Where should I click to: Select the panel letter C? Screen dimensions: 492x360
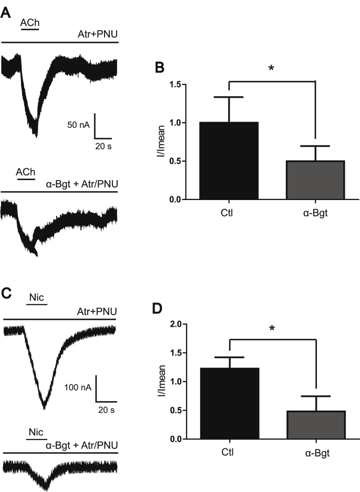(x=7, y=294)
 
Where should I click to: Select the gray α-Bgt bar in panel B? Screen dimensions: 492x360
(x=315, y=180)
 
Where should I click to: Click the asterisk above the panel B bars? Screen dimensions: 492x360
(x=271, y=69)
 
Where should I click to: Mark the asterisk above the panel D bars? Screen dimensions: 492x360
(x=271, y=329)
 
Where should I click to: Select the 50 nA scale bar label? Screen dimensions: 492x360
(x=79, y=124)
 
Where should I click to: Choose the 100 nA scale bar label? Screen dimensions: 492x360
(x=77, y=388)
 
